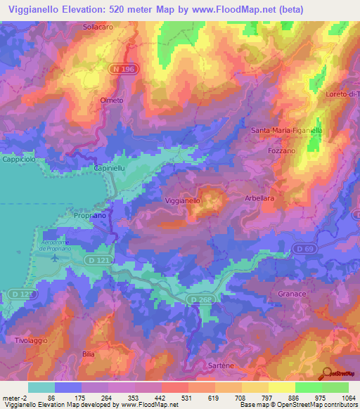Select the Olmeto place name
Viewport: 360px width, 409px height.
112,100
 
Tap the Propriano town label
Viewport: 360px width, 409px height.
90,216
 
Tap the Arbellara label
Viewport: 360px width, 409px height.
259,199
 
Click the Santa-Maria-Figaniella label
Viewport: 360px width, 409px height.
286,131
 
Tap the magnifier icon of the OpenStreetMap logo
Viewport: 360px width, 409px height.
327,373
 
